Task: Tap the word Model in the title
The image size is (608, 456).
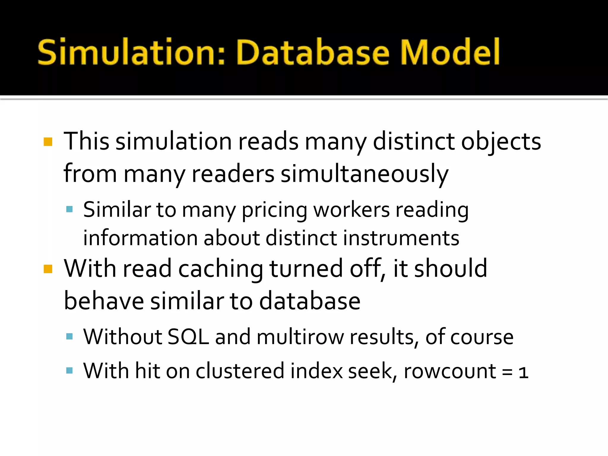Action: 450,52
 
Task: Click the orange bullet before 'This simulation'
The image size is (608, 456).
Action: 48,142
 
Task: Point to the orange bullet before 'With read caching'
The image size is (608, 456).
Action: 48,269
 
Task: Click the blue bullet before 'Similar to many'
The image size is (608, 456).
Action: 69,209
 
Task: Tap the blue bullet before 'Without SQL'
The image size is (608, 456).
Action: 69,336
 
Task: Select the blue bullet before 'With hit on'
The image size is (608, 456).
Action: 69,370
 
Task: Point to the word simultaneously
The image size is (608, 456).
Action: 365,174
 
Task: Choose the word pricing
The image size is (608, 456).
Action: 274,210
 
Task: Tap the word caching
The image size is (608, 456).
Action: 221,269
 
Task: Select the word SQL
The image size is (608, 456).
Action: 188,337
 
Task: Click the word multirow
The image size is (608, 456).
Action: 300,337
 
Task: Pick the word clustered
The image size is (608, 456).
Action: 240,371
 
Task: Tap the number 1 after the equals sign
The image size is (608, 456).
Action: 523,372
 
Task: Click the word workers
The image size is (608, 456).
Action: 351,210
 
